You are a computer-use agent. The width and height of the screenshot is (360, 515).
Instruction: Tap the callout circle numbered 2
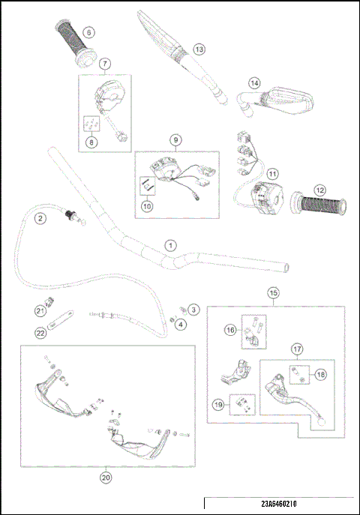[39, 218]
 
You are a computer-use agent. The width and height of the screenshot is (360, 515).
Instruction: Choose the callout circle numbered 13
[199, 49]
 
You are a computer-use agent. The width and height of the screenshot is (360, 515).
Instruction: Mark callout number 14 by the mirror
[254, 83]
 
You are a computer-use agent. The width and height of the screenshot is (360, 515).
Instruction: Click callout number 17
[297, 349]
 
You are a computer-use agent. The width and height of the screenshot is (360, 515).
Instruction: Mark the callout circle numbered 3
[193, 309]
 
